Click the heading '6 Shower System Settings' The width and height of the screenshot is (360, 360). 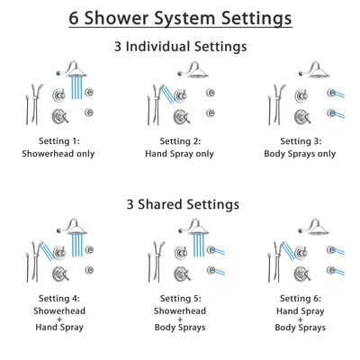click(x=180, y=18)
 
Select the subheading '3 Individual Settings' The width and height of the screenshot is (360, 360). click(x=180, y=46)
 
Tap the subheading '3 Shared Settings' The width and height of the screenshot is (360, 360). click(x=180, y=205)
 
